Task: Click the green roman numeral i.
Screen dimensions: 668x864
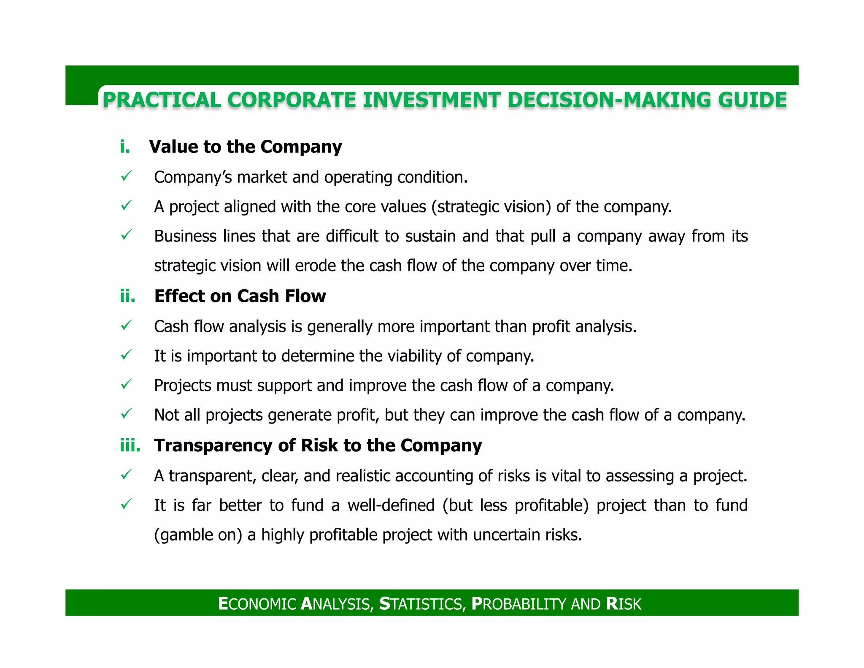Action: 125,147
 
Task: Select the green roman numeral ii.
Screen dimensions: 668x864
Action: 127,296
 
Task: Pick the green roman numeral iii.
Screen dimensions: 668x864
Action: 130,445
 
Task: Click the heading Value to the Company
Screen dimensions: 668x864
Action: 245,147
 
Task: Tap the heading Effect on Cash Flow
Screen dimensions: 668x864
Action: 240,296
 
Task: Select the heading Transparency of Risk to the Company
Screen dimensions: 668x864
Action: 318,445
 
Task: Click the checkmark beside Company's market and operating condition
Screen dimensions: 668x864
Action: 126,176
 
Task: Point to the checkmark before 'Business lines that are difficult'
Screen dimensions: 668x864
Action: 126,235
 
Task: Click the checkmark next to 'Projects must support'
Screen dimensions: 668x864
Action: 126,384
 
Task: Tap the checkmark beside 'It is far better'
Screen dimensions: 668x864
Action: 126,504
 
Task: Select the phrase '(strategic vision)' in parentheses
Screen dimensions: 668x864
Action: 491,207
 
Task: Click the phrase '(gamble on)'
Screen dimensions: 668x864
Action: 198,535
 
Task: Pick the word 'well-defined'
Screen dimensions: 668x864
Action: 391,505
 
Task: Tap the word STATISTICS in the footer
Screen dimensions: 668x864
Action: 422,604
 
